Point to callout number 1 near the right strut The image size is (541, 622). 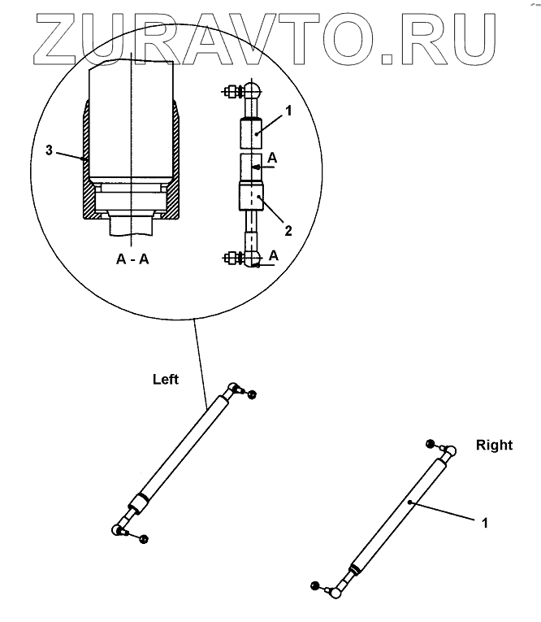click(x=485, y=523)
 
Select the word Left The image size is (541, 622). click(x=166, y=379)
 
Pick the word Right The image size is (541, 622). click(x=494, y=445)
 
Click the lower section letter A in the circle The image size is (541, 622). click(x=273, y=255)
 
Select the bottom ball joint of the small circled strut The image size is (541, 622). click(x=253, y=260)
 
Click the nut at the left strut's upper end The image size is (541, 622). click(x=252, y=394)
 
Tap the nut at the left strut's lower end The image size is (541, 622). click(x=144, y=539)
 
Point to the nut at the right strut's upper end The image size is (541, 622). click(x=431, y=443)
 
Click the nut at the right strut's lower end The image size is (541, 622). click(x=316, y=585)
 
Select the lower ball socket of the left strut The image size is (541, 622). click(x=119, y=530)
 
